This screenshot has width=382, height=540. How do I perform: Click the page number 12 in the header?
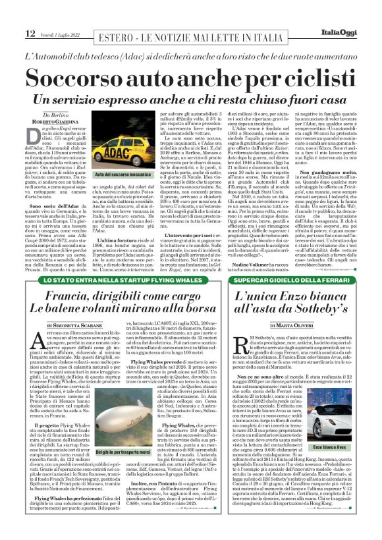pyautogui.click(x=30, y=34)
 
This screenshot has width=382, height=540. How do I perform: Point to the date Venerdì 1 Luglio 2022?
pyautogui.click(x=60, y=35)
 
